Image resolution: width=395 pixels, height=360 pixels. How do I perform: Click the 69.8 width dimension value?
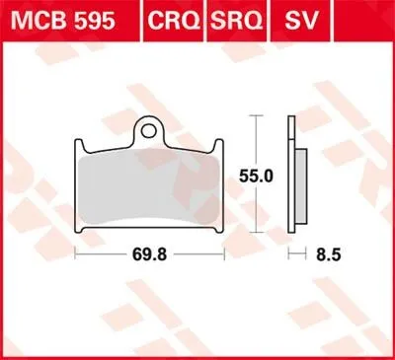pyautogui.click(x=152, y=253)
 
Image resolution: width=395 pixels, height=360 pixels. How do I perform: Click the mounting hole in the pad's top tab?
pyautogui.click(x=149, y=127)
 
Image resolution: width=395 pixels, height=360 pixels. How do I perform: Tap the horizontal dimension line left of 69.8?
pyautogui.click(x=104, y=253)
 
